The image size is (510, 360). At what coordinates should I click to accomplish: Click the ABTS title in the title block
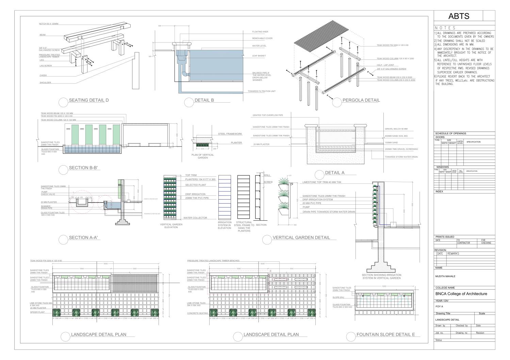(459, 16)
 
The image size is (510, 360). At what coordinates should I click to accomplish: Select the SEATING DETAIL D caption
(88, 100)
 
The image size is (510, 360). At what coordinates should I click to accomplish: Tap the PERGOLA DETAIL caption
(361, 100)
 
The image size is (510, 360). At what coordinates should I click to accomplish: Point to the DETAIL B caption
(204, 100)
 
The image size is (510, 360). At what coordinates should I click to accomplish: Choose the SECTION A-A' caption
(83, 238)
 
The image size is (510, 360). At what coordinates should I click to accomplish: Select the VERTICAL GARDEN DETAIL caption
(301, 238)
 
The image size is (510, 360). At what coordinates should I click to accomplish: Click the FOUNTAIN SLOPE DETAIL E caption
(385, 335)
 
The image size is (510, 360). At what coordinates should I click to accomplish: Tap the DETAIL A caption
(335, 173)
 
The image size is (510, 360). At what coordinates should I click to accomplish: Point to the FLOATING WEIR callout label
(259, 32)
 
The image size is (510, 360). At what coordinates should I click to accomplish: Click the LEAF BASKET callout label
(258, 56)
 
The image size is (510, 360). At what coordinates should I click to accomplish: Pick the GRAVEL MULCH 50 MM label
(396, 129)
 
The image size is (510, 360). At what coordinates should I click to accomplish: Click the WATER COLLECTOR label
(195, 218)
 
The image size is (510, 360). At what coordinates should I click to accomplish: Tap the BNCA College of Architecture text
(461, 294)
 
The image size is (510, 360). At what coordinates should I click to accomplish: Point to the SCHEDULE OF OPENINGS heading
(450, 134)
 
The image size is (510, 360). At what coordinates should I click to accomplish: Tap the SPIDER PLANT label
(37, 312)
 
